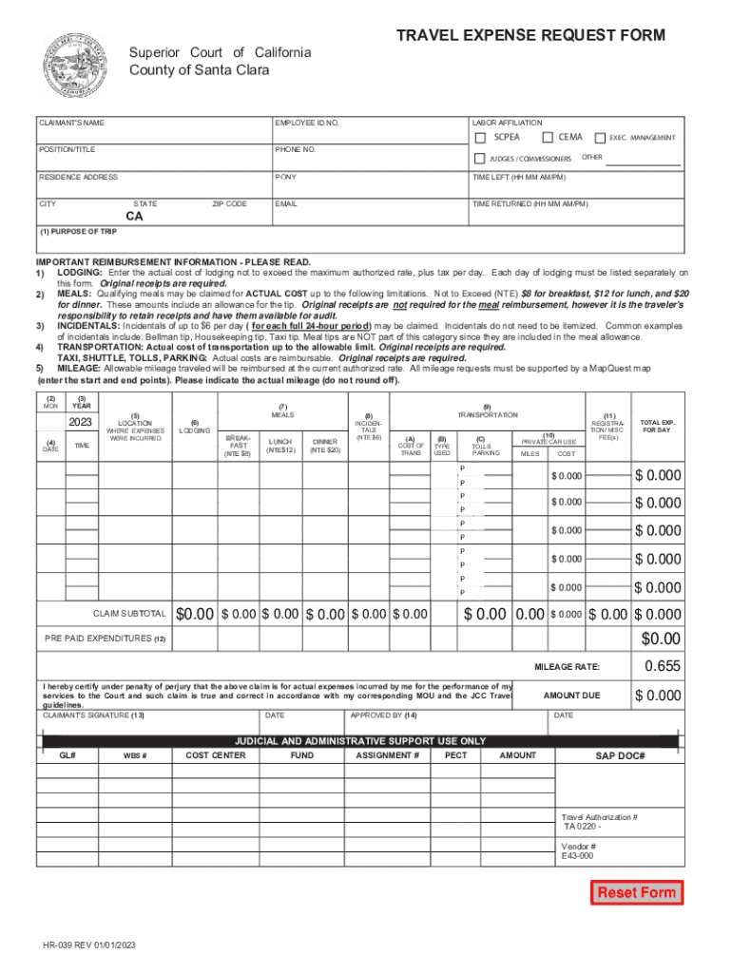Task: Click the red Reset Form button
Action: tap(636, 892)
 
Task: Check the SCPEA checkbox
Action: tap(480, 138)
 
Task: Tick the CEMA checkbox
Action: tap(548, 138)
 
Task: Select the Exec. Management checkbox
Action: tap(600, 138)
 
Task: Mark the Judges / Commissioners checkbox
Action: tap(480, 158)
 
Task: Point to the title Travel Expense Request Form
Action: tap(530, 36)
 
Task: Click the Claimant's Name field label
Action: tap(71, 124)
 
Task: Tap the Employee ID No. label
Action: tap(306, 124)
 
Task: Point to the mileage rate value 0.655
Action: tap(662, 666)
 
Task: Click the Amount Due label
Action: tap(571, 696)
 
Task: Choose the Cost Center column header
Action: tap(215, 755)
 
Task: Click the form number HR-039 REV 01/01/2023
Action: tap(88, 946)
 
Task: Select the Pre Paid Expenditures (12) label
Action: tap(105, 639)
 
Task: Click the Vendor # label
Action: tap(579, 846)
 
